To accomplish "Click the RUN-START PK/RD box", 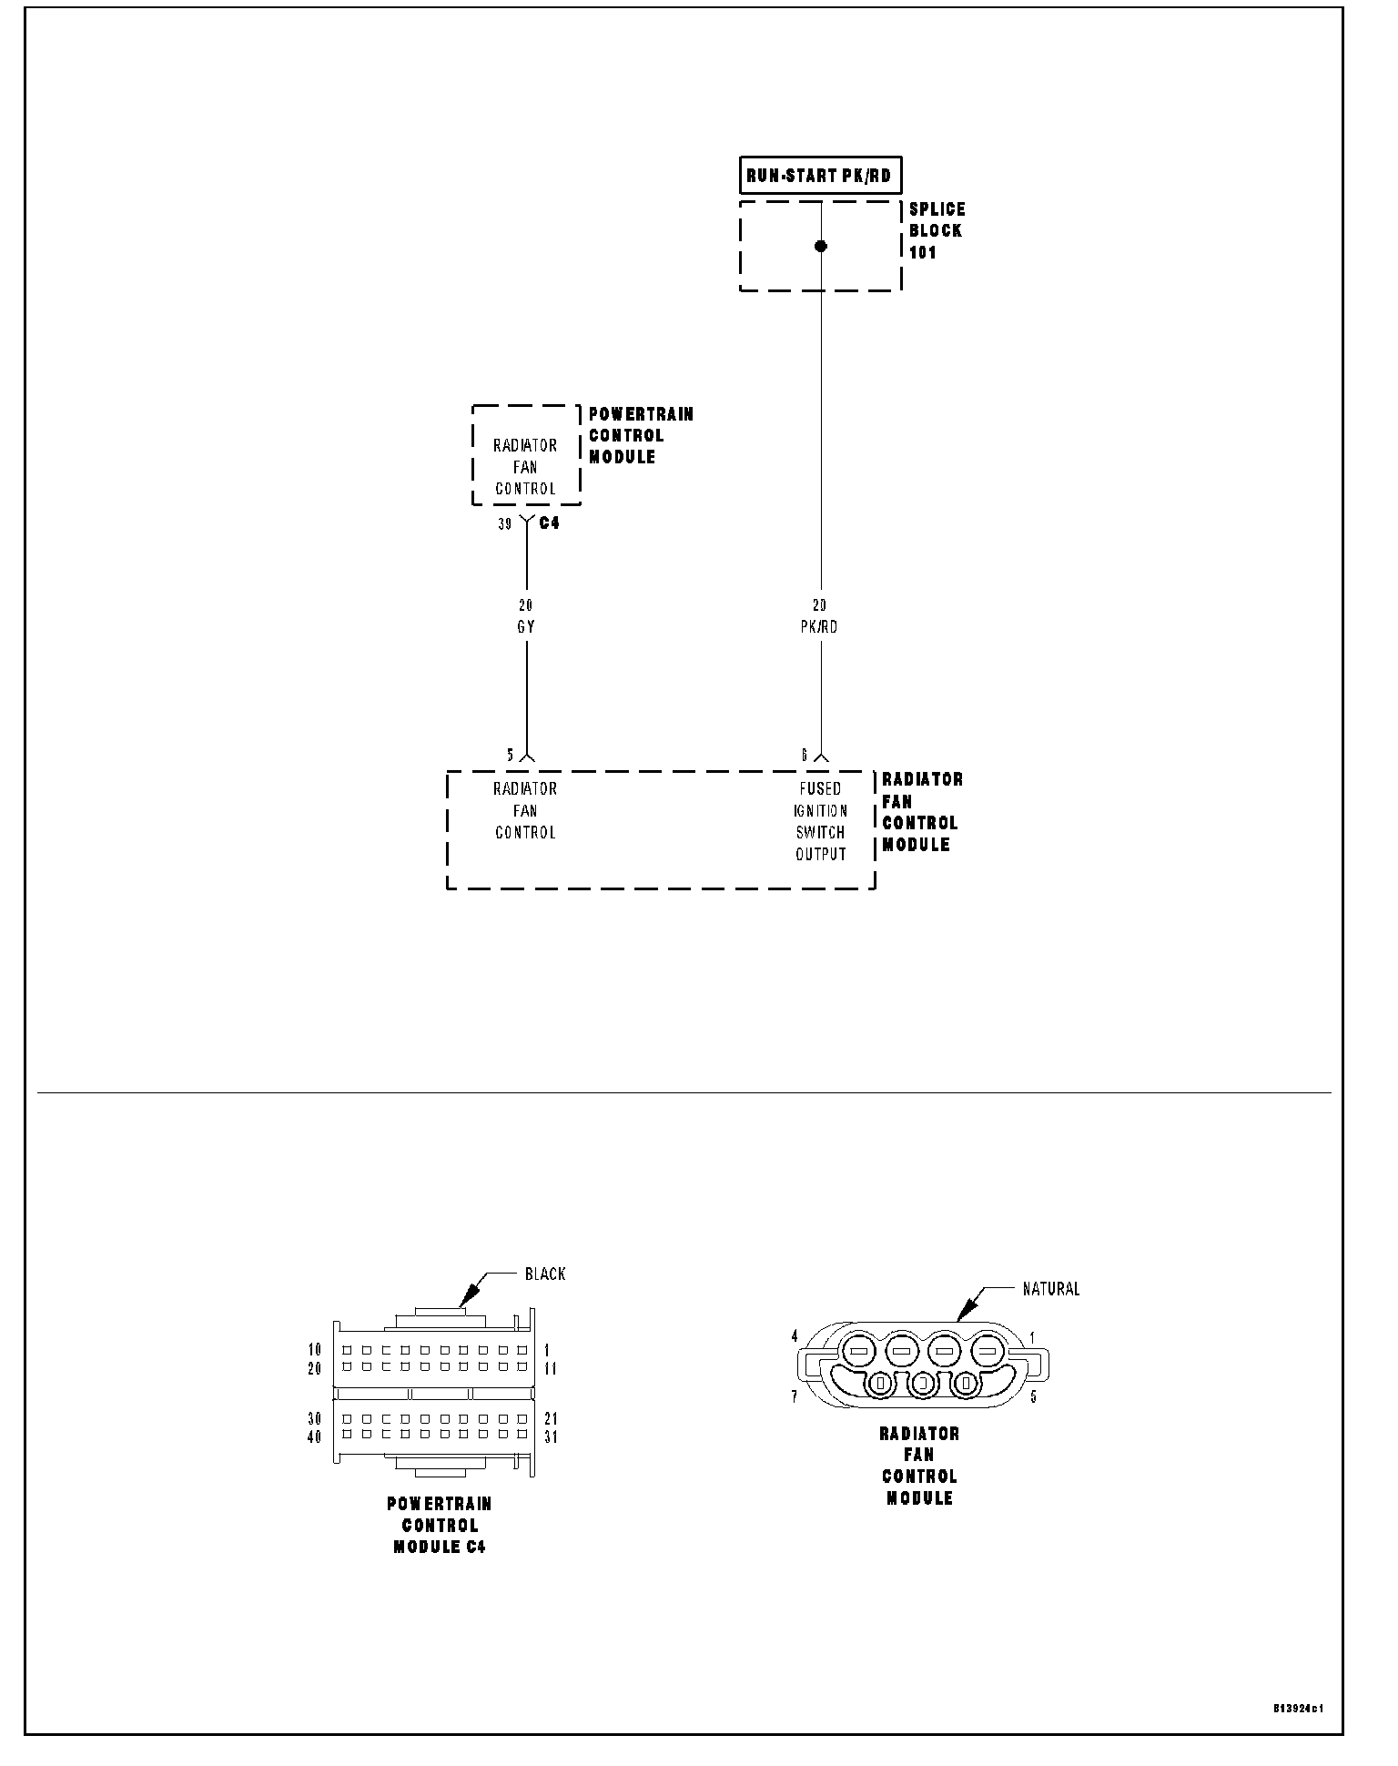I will pos(820,176).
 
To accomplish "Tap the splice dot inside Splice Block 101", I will pos(821,246).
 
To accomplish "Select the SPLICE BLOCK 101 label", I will pos(937,231).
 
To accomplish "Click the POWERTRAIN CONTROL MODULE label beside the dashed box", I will pos(641,436).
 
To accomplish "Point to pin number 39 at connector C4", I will pos(504,524).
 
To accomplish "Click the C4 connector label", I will pos(550,523).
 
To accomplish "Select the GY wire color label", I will pos(526,627).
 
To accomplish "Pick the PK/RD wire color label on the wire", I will pos(819,627).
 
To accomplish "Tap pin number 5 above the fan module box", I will pos(511,755).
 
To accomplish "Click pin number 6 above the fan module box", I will pos(805,755).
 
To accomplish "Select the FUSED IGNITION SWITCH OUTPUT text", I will pos(821,822).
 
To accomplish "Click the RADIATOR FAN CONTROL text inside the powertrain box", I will pos(525,467).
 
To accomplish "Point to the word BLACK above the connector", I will pos(545,1274).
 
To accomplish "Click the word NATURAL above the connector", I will pos(1051,1289).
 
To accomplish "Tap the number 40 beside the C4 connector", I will pos(315,1437).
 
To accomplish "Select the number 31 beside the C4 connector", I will pos(551,1437).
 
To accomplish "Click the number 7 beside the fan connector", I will pos(795,1397).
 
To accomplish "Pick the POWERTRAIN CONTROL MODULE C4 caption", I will pos(440,1525).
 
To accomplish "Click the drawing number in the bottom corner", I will pos(1298,1709).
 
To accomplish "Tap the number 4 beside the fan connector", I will pos(795,1336).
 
